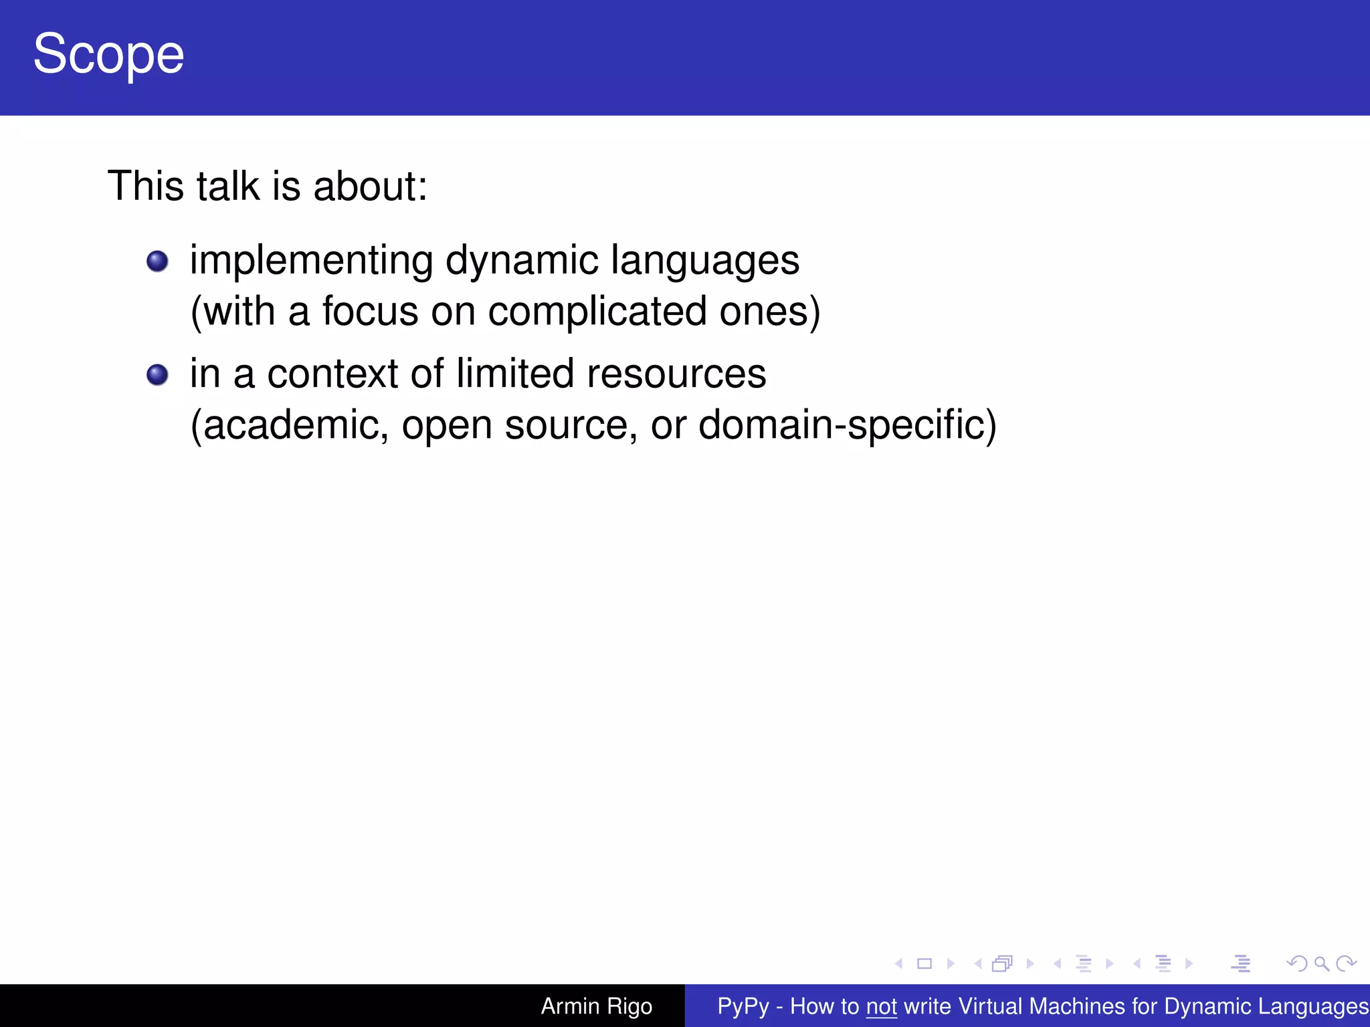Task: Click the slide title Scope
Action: click(108, 55)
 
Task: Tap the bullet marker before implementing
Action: click(157, 261)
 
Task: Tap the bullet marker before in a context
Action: click(157, 374)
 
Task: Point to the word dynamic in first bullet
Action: click(522, 261)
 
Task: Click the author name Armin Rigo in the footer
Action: click(596, 1006)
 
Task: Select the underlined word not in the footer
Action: click(881, 1006)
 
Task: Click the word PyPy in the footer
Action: click(743, 1006)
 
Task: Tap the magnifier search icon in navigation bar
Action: click(1321, 963)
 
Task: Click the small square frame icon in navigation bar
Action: click(924, 963)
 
